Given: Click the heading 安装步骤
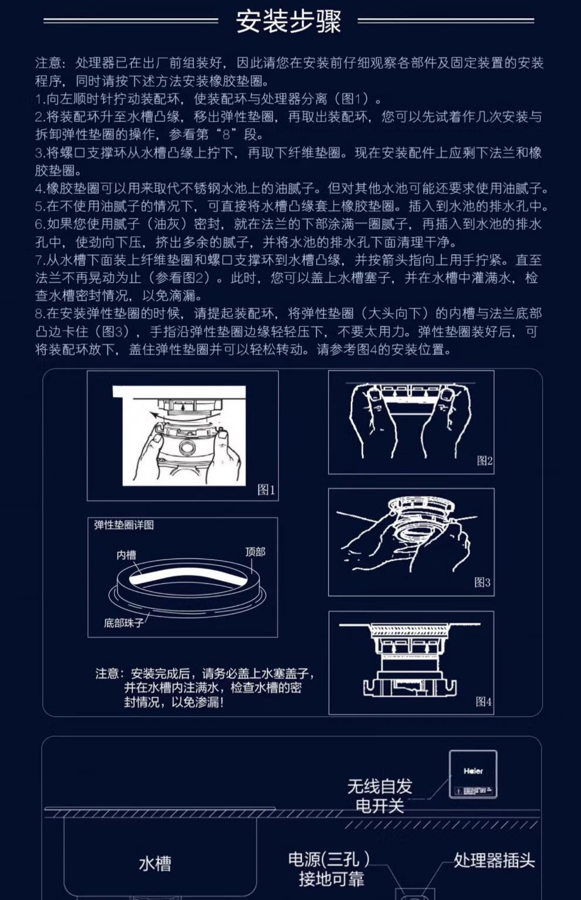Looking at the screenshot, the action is [x=288, y=21].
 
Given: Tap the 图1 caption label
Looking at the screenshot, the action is [x=266, y=490].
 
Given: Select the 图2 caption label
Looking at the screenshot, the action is [x=484, y=461].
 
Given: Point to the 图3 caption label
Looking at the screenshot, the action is [x=482, y=582].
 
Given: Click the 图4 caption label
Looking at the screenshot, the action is [x=484, y=702].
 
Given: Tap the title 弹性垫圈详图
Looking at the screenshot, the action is [x=124, y=525].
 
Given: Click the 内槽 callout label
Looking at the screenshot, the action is [x=126, y=555].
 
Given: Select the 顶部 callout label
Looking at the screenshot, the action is [x=255, y=552].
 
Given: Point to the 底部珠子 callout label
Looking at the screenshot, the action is [x=124, y=623].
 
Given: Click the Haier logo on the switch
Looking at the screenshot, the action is [x=473, y=771].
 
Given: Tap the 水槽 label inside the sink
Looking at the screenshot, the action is [x=155, y=864].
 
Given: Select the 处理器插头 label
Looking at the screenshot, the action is [x=494, y=860].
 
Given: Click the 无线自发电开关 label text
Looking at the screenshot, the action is [x=380, y=795].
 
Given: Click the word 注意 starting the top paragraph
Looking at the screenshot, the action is [x=48, y=63].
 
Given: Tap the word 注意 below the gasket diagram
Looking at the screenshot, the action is [x=107, y=673].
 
